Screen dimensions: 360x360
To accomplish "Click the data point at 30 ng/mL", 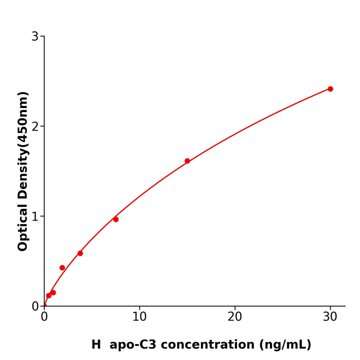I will (x=330, y=89).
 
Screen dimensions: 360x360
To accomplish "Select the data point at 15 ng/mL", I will (x=187, y=161).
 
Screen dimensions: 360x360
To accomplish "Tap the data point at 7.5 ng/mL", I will (x=116, y=220).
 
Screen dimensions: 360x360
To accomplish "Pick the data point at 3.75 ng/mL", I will (x=80, y=254).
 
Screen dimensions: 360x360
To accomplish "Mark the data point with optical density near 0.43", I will (x=62, y=268).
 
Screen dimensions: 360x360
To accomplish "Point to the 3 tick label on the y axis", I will (x=35, y=37).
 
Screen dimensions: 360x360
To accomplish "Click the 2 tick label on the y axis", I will (x=35, y=127).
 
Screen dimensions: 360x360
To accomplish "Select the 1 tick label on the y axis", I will (x=35, y=217).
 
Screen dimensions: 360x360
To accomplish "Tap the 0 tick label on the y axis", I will (x=35, y=307).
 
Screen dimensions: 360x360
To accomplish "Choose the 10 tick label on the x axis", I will (x=139, y=317).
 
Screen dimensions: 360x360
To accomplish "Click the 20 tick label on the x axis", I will (x=235, y=317).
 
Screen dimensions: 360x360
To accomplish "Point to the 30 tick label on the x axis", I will (x=330, y=317).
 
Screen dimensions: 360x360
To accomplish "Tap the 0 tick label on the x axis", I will (x=44, y=317).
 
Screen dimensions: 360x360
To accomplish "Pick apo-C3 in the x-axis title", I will (x=131, y=345).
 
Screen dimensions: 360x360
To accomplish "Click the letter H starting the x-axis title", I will (x=96, y=345).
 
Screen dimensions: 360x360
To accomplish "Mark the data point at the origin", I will (x=44, y=306).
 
